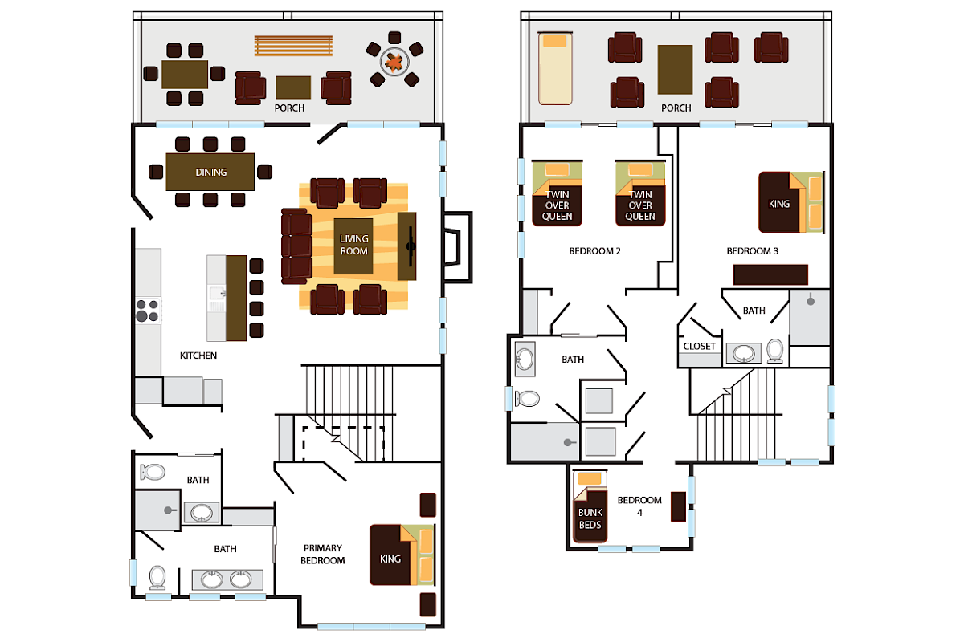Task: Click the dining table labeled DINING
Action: pos(210,172)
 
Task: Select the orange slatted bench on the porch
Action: pos(293,46)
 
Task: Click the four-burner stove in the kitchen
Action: pos(147,310)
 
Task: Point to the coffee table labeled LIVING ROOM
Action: pos(353,246)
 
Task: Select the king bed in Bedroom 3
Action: pos(791,201)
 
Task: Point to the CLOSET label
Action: pos(699,347)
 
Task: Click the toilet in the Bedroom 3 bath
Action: pos(775,351)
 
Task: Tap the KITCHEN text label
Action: pos(198,355)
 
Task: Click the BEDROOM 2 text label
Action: pos(595,251)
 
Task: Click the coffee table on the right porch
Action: pos(675,70)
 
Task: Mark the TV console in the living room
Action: pos(408,246)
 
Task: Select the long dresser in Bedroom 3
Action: pos(770,274)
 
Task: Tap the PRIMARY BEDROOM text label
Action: pos(322,555)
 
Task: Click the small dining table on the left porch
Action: pos(184,75)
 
